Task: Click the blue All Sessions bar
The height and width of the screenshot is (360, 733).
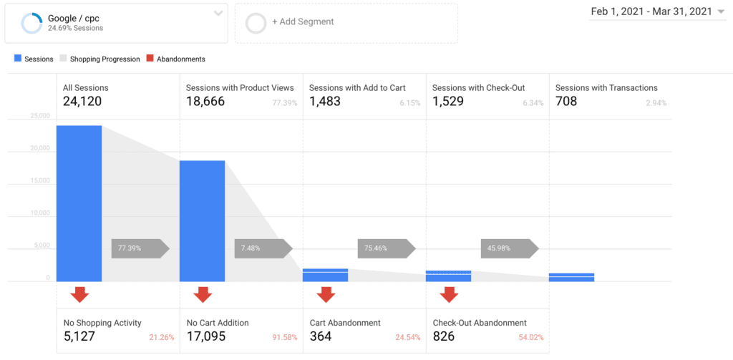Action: coord(79,203)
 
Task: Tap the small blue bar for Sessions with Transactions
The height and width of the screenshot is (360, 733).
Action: coord(571,277)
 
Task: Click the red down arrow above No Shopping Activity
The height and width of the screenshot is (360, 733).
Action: coord(79,294)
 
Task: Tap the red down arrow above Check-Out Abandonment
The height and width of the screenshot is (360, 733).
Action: coord(449,294)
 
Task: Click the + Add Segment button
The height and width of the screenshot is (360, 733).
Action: coord(303,21)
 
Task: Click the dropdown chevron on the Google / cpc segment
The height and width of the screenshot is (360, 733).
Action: coord(218,14)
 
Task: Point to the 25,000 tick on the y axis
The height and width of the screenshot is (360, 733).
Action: coord(39,116)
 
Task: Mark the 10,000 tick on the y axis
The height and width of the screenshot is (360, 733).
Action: coord(39,213)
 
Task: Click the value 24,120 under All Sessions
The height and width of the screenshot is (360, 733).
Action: coord(82,102)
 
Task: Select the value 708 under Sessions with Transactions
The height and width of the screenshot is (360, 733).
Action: coord(566,102)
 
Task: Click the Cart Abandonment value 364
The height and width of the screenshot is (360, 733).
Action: coord(321,336)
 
